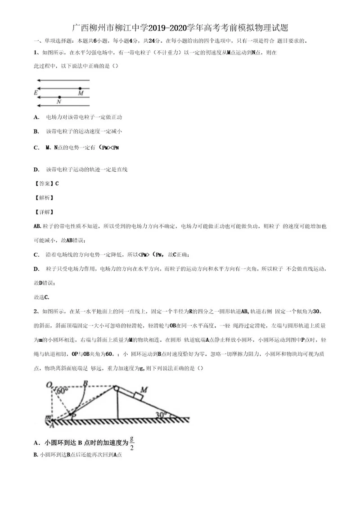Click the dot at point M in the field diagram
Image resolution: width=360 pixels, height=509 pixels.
(x=80, y=89)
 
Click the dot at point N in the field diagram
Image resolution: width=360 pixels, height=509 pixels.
(x=59, y=97)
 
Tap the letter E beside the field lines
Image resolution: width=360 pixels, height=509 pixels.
(x=36, y=93)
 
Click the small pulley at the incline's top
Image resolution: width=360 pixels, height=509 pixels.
(x=117, y=388)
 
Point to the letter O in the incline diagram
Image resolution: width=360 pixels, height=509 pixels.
(x=48, y=384)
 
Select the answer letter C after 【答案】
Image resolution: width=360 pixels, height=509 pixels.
(x=57, y=183)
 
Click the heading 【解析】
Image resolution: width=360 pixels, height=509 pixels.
(x=44, y=197)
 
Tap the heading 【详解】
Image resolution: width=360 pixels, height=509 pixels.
(x=44, y=211)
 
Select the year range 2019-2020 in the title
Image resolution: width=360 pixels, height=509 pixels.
(x=186, y=28)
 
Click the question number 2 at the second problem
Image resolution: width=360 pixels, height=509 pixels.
(x=36, y=311)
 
